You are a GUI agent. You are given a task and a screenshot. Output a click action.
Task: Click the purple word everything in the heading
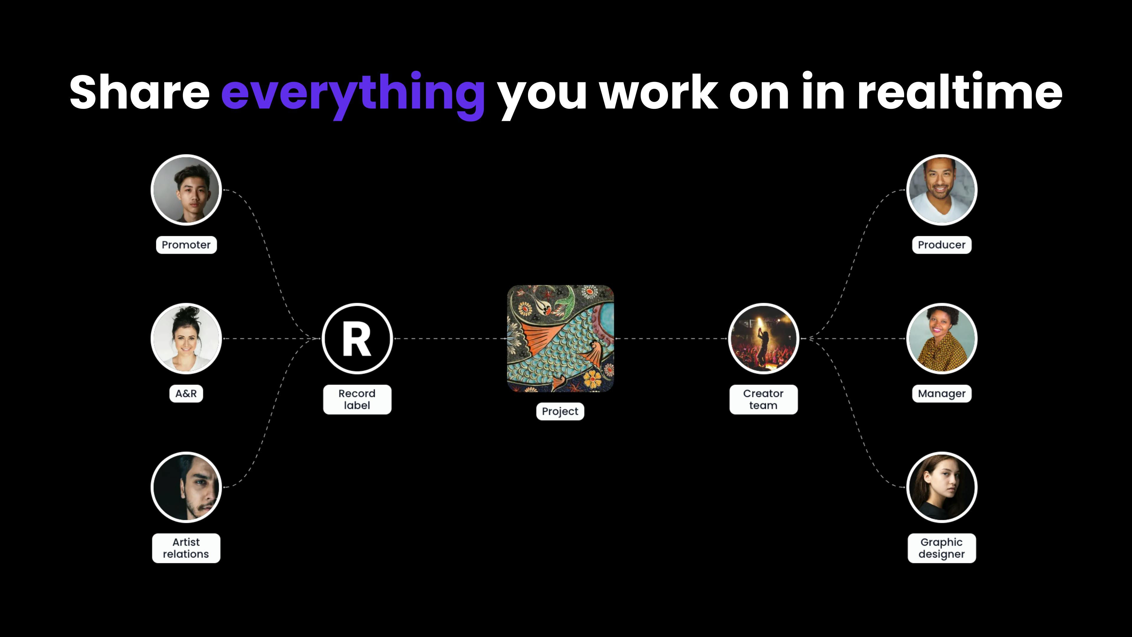(353, 94)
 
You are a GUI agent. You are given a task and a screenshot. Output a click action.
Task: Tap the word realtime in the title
(960, 91)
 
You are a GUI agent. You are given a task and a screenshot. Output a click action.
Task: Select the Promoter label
(186, 245)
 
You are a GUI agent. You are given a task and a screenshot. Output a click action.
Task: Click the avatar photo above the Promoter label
(186, 190)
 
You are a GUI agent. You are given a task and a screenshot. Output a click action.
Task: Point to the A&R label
(186, 393)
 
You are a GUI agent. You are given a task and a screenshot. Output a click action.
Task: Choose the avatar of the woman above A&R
(186, 339)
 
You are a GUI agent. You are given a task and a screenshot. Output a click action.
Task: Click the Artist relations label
(186, 548)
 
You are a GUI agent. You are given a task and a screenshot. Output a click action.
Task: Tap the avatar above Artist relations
(186, 487)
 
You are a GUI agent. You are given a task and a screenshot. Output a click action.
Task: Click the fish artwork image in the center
(560, 339)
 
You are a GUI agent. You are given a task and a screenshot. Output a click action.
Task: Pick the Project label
(560, 411)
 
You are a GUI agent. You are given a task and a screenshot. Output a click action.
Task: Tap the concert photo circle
(763, 339)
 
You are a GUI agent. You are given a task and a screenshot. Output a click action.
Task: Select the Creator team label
(763, 400)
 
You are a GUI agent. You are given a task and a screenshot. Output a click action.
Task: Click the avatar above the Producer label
(942, 190)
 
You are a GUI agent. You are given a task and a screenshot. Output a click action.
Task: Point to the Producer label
(942, 245)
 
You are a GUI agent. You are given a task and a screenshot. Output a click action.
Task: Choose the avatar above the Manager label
(942, 339)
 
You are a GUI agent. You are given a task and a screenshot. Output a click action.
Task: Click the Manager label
(942, 393)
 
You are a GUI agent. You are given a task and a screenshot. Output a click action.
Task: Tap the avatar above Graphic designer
(942, 487)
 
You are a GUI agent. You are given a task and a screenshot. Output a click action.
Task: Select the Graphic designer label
(942, 548)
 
